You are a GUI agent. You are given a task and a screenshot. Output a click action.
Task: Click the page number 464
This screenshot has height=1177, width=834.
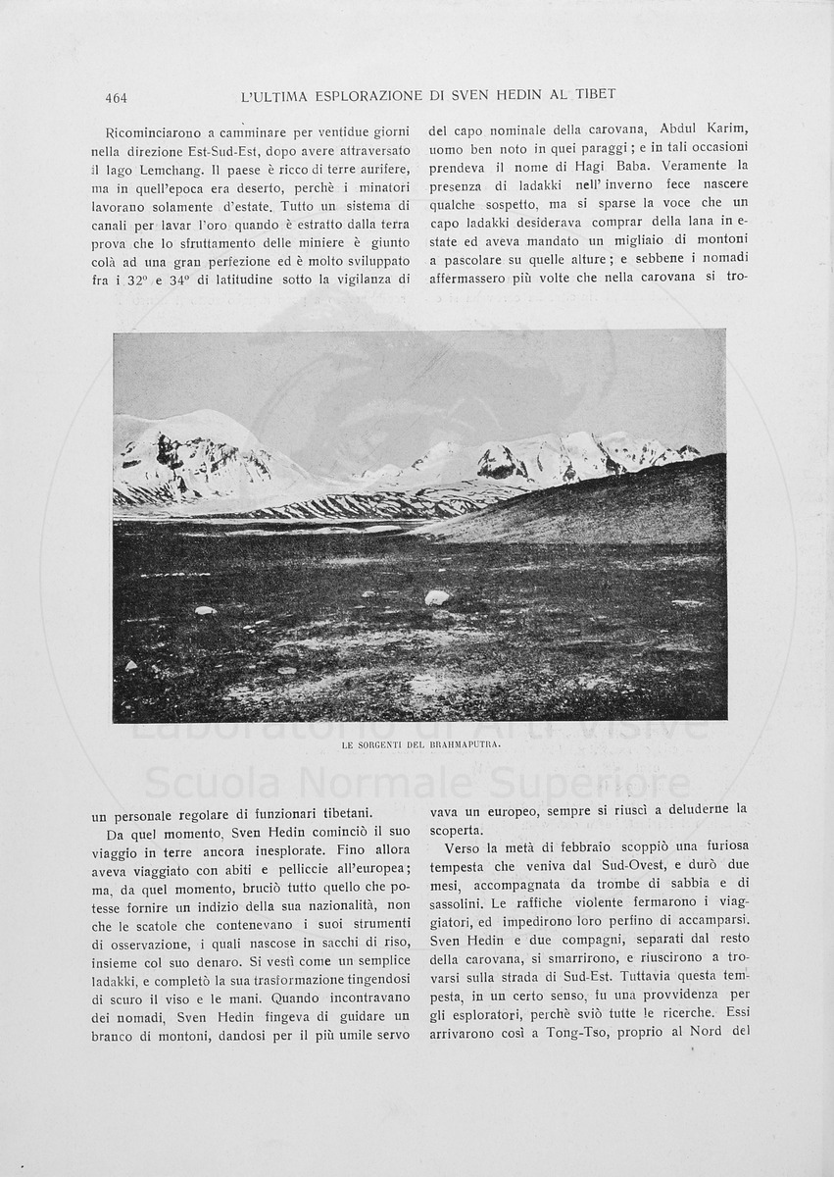[116, 97]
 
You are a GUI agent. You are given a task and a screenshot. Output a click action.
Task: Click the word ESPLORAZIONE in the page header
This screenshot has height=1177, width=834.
[368, 95]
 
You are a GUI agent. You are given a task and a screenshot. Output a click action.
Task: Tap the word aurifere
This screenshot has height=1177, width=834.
[384, 169]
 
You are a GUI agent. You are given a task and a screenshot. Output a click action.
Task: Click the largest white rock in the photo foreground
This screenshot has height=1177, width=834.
[436, 597]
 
